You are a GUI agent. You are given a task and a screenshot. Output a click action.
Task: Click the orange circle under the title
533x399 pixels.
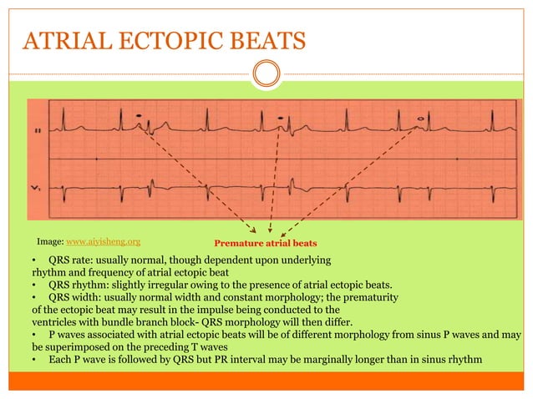(x=266, y=74)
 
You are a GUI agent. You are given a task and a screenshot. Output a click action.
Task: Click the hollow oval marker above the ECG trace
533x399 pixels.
(x=420, y=119)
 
